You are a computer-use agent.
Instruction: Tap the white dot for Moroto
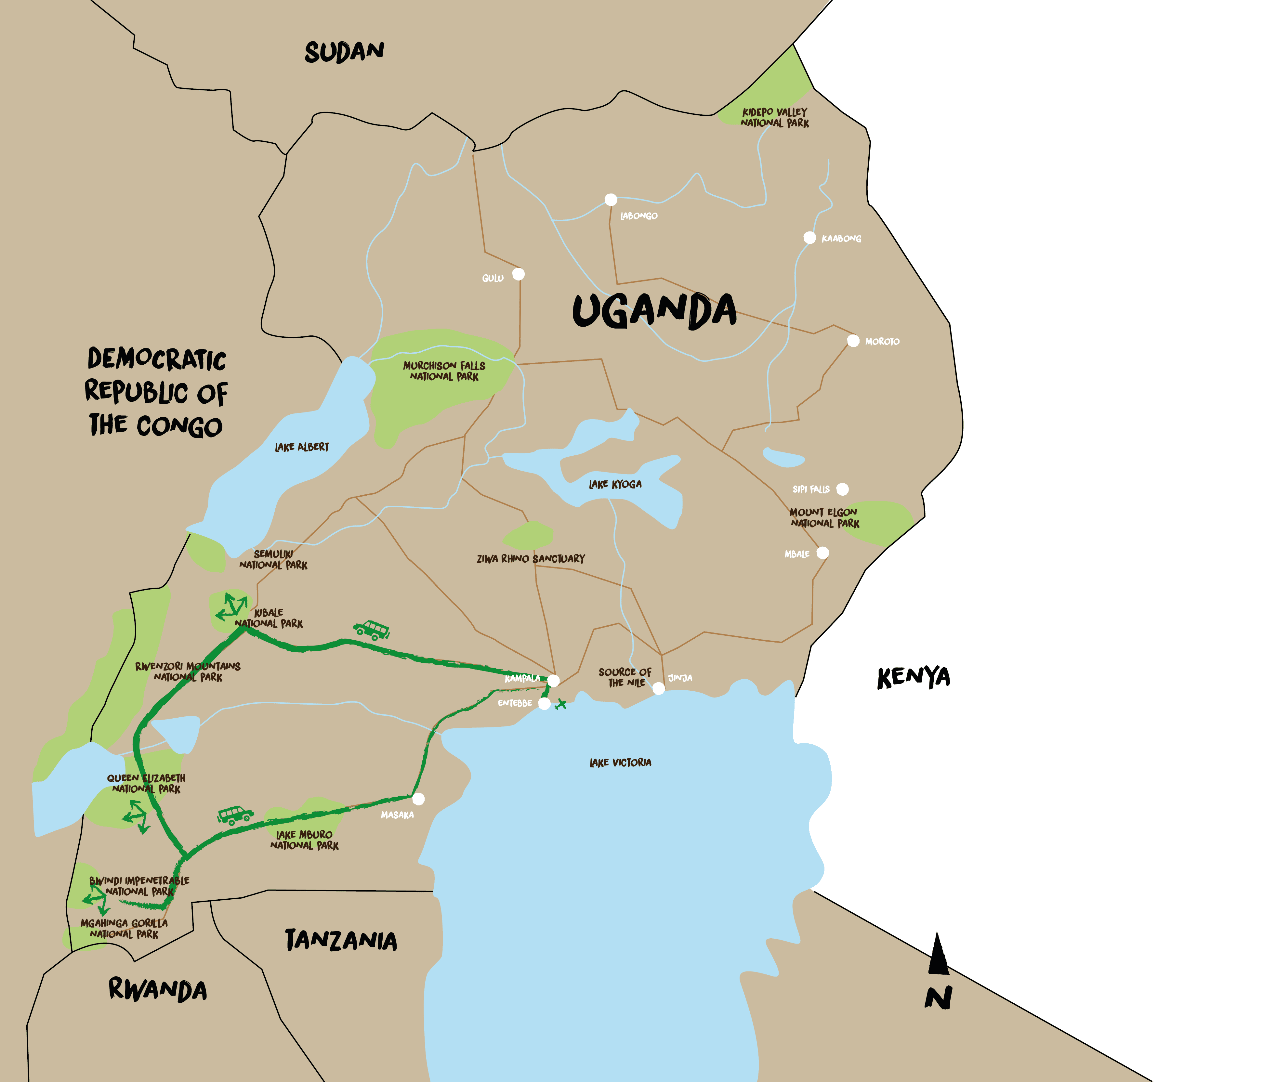click(853, 340)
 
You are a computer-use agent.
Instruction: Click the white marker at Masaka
click(418, 799)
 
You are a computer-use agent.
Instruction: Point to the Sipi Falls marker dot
click(842, 489)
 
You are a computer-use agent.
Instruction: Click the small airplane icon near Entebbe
click(560, 705)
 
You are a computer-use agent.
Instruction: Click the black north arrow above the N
click(937, 954)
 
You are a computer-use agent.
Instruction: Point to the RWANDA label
click(158, 989)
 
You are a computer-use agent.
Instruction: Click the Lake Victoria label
click(620, 763)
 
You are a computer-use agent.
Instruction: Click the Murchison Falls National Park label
click(444, 371)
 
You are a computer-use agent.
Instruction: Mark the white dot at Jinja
click(658, 688)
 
